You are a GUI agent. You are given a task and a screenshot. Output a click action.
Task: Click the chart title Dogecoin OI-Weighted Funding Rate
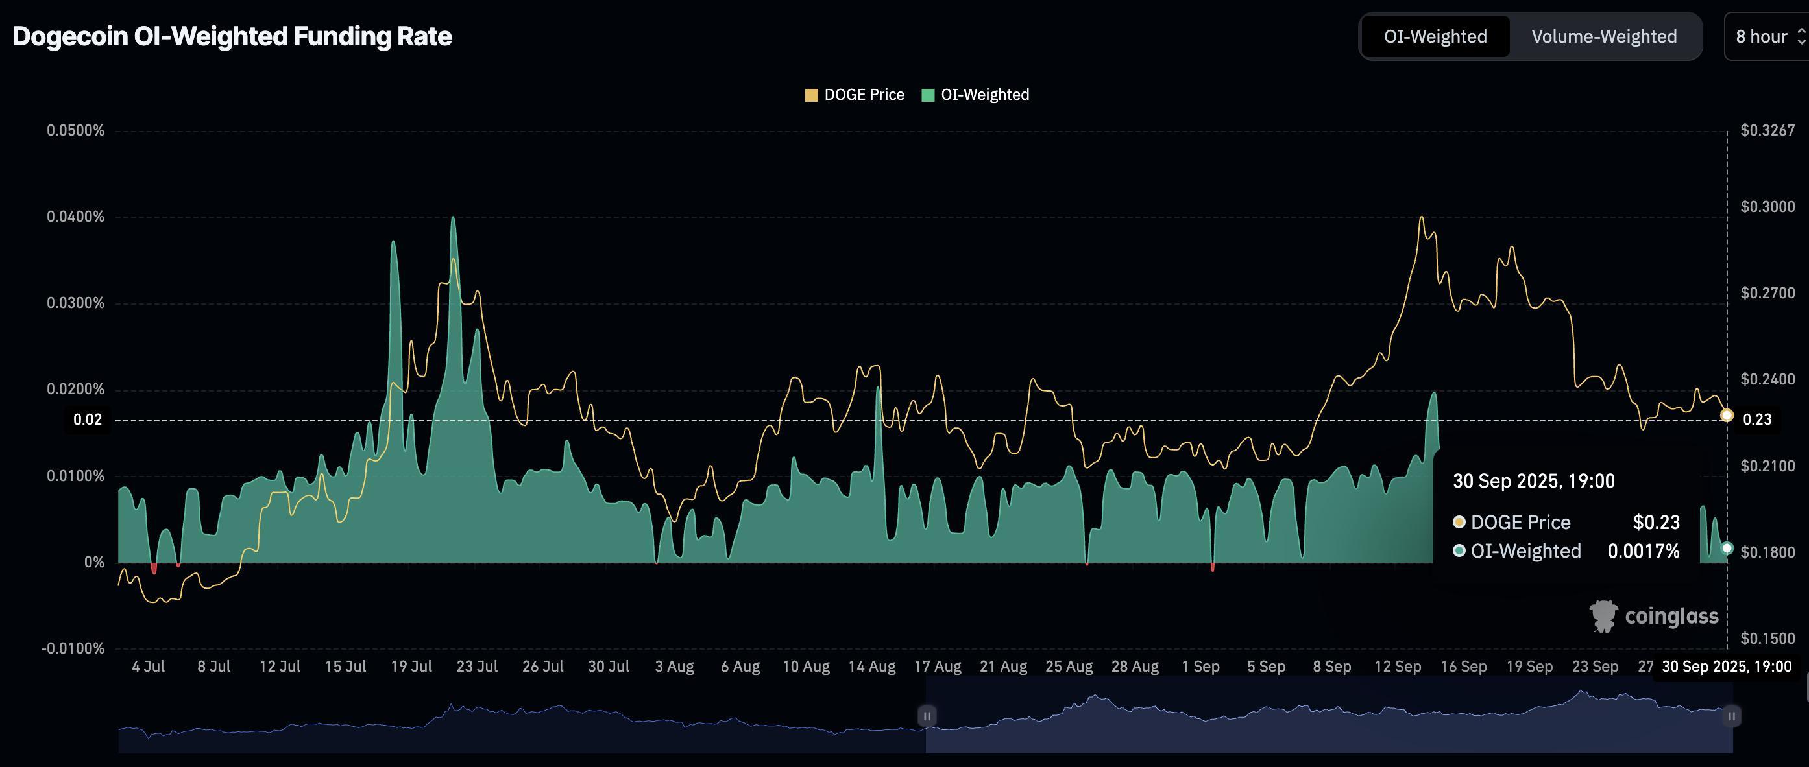click(x=232, y=36)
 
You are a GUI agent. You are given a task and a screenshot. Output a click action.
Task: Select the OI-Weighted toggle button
click(x=1435, y=36)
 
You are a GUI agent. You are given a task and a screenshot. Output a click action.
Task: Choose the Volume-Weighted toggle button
click(x=1604, y=36)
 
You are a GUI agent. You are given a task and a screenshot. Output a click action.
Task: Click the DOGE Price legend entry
click(x=855, y=95)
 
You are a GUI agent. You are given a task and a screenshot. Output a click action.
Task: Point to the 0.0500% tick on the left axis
click(x=75, y=130)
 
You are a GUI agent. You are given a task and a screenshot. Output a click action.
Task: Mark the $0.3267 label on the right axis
click(x=1767, y=130)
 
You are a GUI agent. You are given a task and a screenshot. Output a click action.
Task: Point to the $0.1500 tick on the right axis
click(x=1767, y=639)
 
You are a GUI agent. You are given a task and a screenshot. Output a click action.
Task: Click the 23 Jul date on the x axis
click(x=477, y=667)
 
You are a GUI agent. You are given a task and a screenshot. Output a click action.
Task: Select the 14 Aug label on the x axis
click(x=871, y=667)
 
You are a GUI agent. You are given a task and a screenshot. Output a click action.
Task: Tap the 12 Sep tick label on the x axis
click(x=1398, y=667)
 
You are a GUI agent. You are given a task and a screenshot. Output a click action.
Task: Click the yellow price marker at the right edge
click(x=1727, y=416)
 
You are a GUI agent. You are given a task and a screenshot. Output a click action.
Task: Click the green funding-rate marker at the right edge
click(x=1727, y=548)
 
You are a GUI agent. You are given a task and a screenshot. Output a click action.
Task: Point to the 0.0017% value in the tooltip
click(x=1644, y=551)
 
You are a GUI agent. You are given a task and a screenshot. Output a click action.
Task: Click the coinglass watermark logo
click(x=1654, y=616)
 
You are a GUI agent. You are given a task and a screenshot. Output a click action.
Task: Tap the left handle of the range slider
click(x=927, y=716)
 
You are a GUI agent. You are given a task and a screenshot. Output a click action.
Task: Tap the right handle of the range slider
click(x=1732, y=716)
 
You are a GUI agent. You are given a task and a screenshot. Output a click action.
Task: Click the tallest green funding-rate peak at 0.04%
click(x=453, y=218)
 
